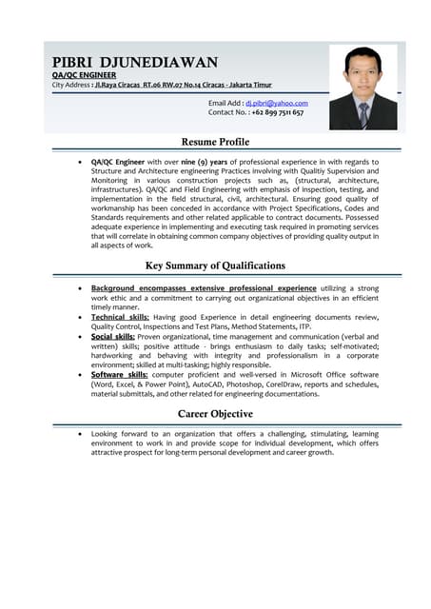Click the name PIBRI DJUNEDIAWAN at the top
click(134, 62)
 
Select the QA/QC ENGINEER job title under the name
click(84, 74)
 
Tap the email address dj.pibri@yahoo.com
click(276, 102)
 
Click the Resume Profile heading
click(215, 142)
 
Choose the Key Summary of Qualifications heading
click(215, 265)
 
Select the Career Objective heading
click(215, 414)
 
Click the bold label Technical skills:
click(120, 316)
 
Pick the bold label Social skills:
click(112, 336)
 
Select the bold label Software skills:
click(119, 375)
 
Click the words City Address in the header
click(70, 85)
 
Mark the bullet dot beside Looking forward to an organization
click(79, 433)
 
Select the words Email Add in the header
click(225, 102)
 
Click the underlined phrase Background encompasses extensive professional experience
click(204, 286)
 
